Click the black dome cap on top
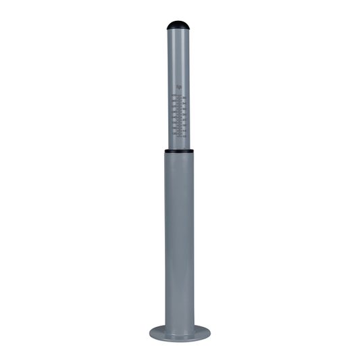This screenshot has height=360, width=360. pyautogui.click(x=179, y=26)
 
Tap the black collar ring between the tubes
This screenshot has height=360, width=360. pyautogui.click(x=179, y=151)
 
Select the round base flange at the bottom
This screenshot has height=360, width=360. pyautogui.click(x=179, y=333)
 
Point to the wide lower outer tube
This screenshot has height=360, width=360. pyautogui.click(x=179, y=236)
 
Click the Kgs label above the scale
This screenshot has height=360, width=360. pyautogui.click(x=178, y=86)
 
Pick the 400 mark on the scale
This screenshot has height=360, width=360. pyautogui.click(x=174, y=95)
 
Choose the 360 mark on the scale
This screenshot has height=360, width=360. pyautogui.click(x=174, y=101)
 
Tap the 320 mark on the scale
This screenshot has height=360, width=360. pyautogui.click(x=174, y=106)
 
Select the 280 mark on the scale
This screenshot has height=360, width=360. pyautogui.click(x=174, y=111)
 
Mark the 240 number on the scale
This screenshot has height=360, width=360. pyautogui.click(x=174, y=117)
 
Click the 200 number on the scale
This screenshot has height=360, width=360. pyautogui.click(x=174, y=122)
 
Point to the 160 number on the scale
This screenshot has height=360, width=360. pyautogui.click(x=174, y=128)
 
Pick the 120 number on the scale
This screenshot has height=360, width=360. pyautogui.click(x=174, y=133)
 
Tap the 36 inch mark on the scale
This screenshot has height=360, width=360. pyautogui.click(x=184, y=98)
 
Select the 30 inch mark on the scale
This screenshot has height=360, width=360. pyautogui.click(x=184, y=109)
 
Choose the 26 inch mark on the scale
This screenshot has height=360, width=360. pyautogui.click(x=184, y=114)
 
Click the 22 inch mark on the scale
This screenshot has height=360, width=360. pyautogui.click(x=184, y=120)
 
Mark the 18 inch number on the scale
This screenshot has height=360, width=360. pyautogui.click(x=184, y=125)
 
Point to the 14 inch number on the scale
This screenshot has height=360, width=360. pyautogui.click(x=184, y=130)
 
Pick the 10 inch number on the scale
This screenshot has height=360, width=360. pyautogui.click(x=184, y=136)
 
